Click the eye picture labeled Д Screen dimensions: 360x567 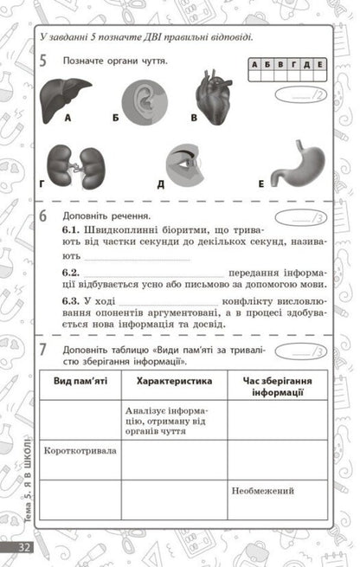pyautogui.click(x=185, y=164)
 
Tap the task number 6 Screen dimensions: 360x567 pyautogui.click(x=43, y=216)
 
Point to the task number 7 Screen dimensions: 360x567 pyautogui.click(x=43, y=349)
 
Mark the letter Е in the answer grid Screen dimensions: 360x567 pyautogui.click(x=319, y=64)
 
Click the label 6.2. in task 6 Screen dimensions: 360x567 pyautogui.click(x=71, y=272)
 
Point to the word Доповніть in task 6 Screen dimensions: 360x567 pyautogui.click(x=84, y=216)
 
